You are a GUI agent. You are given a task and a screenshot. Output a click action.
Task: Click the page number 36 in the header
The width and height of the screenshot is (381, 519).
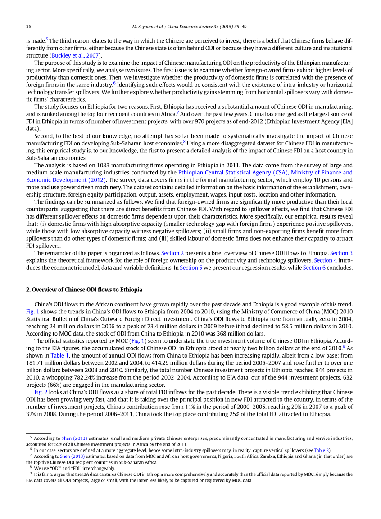(28, 26)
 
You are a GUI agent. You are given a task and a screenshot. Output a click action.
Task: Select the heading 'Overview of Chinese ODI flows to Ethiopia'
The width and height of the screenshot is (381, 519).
(87, 290)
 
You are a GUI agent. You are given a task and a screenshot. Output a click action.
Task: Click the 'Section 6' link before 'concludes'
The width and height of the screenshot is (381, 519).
(312, 268)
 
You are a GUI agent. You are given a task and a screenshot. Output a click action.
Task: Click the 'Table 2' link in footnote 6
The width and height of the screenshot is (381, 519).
(322, 450)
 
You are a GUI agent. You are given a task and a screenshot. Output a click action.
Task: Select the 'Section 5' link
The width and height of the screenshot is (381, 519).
(189, 268)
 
